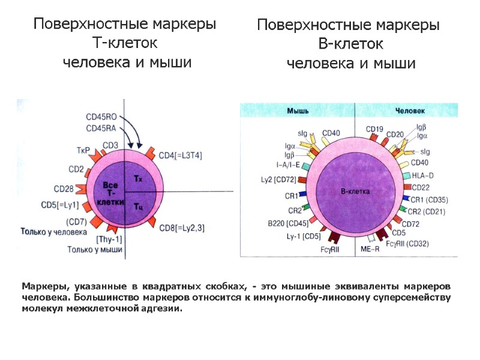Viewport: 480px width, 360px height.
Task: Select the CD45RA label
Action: pos(101,128)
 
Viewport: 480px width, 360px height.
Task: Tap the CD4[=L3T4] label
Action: pos(180,155)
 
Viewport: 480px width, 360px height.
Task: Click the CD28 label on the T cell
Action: pos(64,189)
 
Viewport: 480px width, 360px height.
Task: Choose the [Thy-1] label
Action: pos(109,239)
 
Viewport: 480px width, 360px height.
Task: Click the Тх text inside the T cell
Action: pos(137,178)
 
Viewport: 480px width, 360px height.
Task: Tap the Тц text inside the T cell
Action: pos(137,207)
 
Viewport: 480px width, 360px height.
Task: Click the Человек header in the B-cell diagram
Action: pos(410,111)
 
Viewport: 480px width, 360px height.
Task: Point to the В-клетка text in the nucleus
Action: pos(355,192)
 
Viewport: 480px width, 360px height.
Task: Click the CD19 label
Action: pos(374,129)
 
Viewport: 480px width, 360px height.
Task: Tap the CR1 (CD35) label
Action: pos(430,199)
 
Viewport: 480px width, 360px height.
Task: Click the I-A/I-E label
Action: pos(289,164)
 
